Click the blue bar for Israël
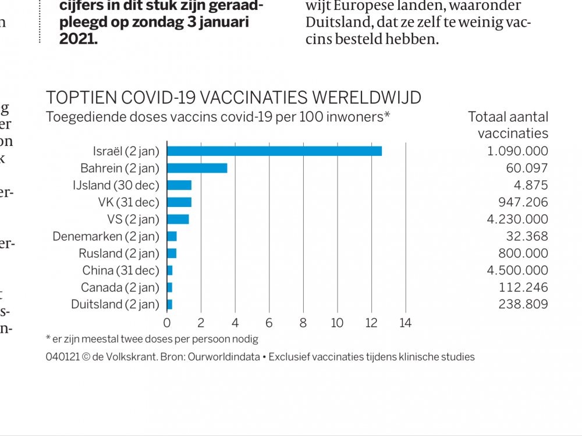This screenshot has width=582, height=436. (274, 151)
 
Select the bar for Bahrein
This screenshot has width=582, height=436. (197, 169)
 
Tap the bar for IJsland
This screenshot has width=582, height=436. (179, 185)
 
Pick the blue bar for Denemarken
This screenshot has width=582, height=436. (172, 237)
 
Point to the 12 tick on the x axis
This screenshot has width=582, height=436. (371, 323)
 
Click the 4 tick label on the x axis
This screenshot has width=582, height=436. (235, 323)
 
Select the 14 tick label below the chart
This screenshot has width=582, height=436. (405, 323)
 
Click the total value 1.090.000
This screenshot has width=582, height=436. (517, 151)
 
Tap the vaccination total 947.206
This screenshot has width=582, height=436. (523, 202)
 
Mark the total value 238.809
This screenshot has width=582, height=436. (523, 304)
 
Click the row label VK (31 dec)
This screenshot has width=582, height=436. (128, 202)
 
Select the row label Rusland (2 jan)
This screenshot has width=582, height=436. (119, 253)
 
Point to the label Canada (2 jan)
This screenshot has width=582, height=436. (120, 287)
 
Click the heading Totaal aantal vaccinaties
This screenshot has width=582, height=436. (508, 124)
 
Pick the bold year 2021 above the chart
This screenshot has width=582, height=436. (78, 39)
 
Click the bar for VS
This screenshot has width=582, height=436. (178, 219)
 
